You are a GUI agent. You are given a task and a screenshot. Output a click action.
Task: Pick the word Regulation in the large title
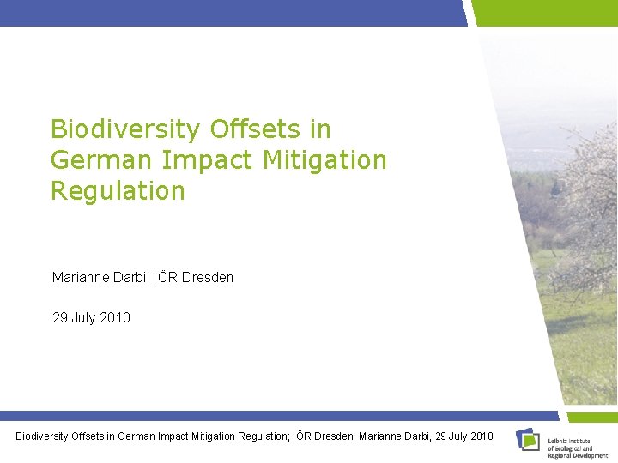[x=118, y=191]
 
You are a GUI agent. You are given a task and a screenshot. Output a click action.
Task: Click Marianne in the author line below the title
[x=80, y=278]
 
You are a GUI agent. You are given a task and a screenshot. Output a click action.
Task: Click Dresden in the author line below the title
[x=207, y=278]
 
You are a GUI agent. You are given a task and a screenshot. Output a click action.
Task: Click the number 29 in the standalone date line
[x=60, y=318]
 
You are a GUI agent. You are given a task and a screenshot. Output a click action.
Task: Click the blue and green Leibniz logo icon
[x=528, y=439]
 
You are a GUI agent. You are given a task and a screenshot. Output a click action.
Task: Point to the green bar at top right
[x=545, y=13]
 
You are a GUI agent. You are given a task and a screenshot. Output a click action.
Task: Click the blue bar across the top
[x=232, y=13]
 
